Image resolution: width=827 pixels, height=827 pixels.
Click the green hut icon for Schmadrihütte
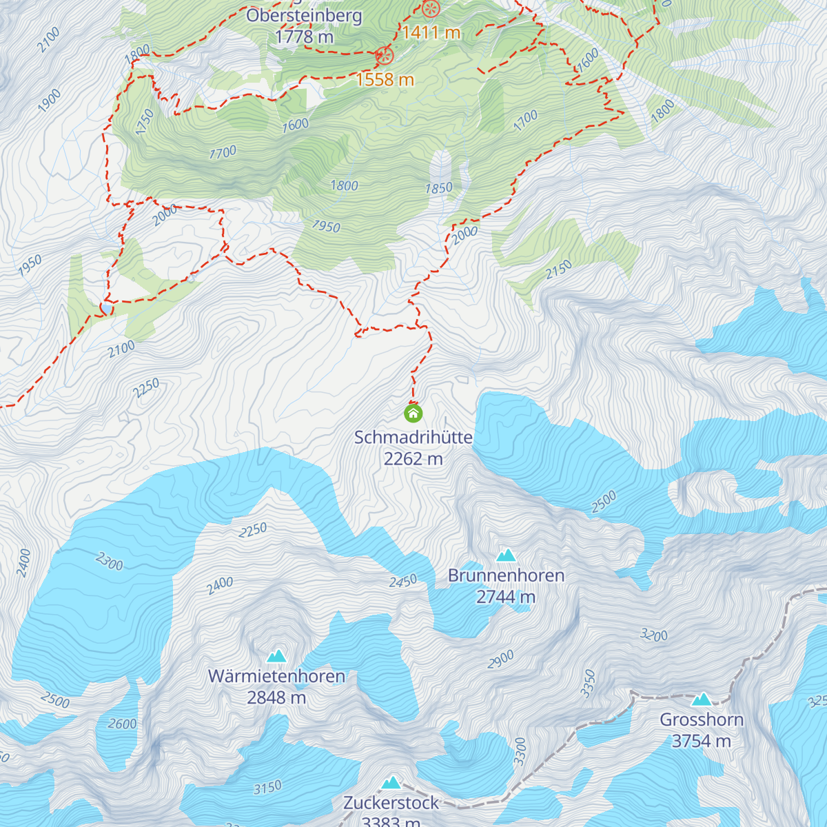(x=413, y=413)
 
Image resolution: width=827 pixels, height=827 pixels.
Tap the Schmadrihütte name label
(x=413, y=438)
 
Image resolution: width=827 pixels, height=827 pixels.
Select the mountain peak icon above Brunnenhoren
(x=506, y=555)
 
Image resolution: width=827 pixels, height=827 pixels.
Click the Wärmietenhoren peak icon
(x=276, y=655)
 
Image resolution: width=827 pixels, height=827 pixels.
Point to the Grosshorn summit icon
(x=702, y=700)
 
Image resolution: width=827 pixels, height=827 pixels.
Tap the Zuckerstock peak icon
(x=391, y=782)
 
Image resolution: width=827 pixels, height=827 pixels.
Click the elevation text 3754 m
(x=702, y=742)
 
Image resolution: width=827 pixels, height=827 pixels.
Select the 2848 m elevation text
(x=276, y=697)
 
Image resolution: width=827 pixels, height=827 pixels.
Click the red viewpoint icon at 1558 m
(x=384, y=56)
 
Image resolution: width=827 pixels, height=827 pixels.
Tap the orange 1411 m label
(x=431, y=32)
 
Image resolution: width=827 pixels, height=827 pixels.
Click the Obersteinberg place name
(x=304, y=15)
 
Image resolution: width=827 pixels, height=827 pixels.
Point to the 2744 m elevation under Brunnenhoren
(x=506, y=597)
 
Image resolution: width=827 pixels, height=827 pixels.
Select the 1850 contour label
(x=438, y=188)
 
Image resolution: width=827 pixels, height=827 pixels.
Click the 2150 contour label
(x=558, y=269)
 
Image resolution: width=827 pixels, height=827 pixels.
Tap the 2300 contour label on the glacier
(x=110, y=562)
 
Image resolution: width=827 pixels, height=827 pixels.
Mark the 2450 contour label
(x=403, y=582)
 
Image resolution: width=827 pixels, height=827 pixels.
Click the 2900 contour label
(x=501, y=660)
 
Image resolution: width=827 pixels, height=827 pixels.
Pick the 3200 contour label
(x=653, y=635)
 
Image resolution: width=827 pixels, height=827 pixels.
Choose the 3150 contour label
(x=267, y=788)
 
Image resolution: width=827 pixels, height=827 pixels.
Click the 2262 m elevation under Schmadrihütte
(x=413, y=459)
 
